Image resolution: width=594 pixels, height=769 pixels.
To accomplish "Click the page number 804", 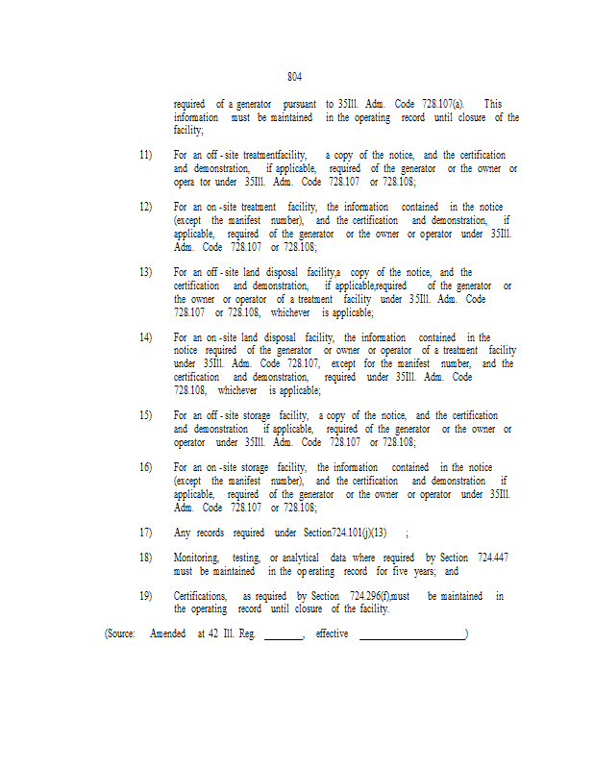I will click(295, 77).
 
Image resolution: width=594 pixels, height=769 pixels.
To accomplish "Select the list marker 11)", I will click(145, 155).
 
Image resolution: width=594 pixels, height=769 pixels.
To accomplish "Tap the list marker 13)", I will click(145, 273).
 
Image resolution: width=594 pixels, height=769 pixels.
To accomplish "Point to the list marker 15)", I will click(145, 415).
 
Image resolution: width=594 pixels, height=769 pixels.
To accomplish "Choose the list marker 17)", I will click(145, 533).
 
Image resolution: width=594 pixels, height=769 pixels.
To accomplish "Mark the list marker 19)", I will click(145, 596).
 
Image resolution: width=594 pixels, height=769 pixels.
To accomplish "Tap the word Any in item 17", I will click(182, 533).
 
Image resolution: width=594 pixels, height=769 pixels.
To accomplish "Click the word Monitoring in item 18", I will click(196, 558).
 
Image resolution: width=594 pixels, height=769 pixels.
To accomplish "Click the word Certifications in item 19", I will click(200, 596).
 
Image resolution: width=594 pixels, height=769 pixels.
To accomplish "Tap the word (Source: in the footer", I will click(120, 634).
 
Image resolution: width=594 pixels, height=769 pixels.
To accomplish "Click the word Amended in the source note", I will click(168, 634).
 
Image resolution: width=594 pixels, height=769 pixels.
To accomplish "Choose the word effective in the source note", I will click(332, 634).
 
